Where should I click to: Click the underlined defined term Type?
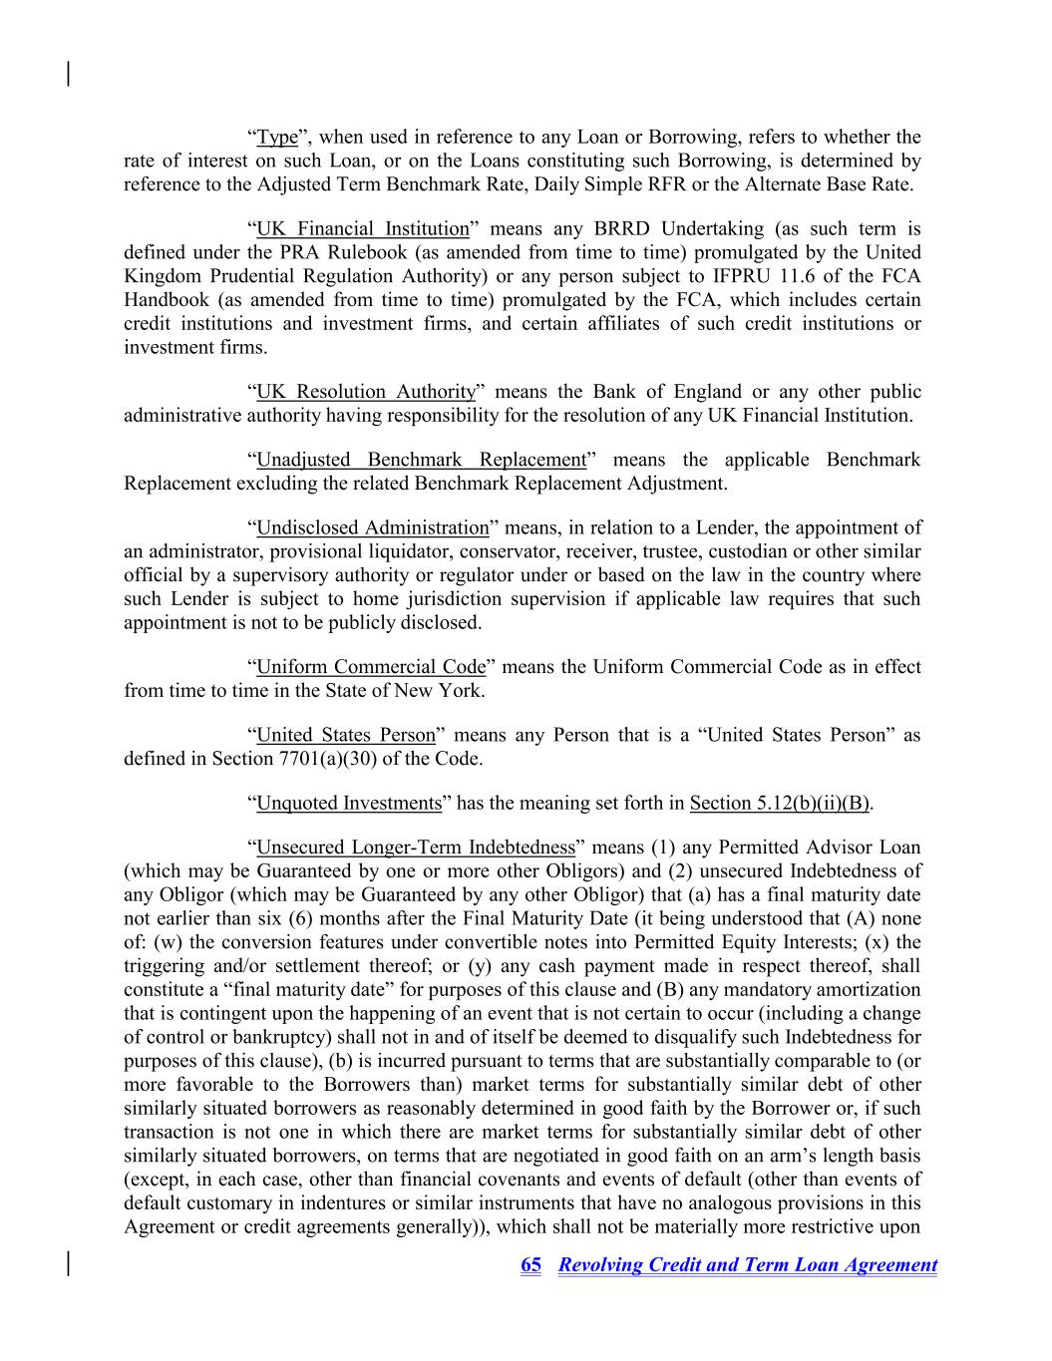(277, 137)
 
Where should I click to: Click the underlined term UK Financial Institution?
(363, 228)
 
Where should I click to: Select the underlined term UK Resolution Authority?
(366, 392)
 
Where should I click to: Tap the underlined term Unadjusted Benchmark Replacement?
(421, 460)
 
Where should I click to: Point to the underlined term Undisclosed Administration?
(373, 527)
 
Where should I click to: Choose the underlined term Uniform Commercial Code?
(371, 667)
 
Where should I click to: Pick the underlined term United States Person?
(346, 735)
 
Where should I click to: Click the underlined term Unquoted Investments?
(349, 803)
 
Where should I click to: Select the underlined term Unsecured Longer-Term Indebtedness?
(416, 848)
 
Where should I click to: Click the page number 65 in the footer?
(531, 1265)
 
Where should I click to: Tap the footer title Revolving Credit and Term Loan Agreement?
(748, 1265)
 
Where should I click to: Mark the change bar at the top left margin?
(68, 74)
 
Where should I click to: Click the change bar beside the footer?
(68, 1263)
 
